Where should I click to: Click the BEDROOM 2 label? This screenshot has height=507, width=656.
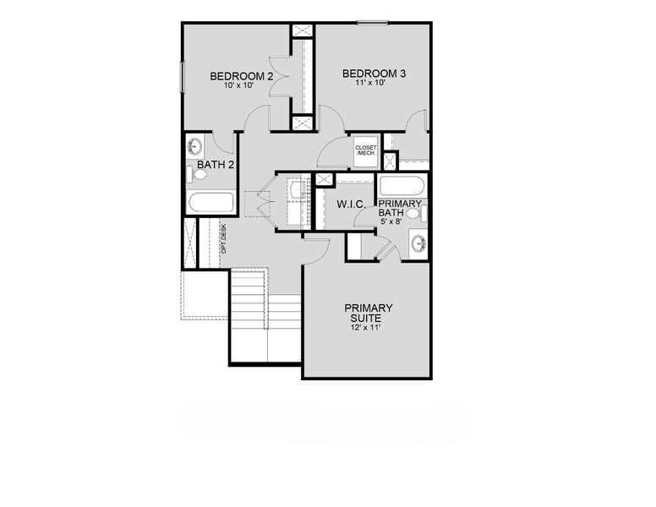[242, 77]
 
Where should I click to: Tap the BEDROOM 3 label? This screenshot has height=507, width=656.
[374, 74]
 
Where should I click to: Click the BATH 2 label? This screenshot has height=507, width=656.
[216, 164]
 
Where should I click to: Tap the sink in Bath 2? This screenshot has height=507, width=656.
[195, 145]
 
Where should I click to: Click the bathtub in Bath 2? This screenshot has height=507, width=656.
[211, 203]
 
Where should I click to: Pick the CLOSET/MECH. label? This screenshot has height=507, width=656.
[365, 150]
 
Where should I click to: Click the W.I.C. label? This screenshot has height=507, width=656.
[351, 204]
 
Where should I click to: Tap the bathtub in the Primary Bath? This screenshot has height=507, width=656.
[402, 186]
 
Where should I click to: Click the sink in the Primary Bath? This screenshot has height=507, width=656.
[418, 245]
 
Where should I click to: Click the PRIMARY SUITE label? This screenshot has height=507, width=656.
[368, 313]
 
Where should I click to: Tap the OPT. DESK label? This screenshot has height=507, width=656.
[224, 239]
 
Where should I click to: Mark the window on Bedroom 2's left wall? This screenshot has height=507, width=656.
[182, 78]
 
